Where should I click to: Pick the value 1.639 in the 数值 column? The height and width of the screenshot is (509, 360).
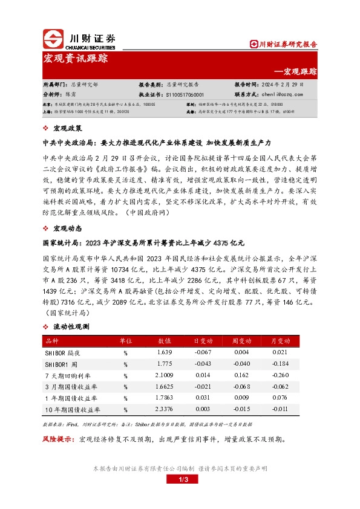point(165,352)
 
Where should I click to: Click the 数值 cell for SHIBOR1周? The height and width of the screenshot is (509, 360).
point(165,364)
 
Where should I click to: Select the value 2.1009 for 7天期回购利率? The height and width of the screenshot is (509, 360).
point(165,375)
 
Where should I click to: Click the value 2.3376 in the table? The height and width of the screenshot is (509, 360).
point(165,409)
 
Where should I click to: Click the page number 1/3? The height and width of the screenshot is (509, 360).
point(179,480)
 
